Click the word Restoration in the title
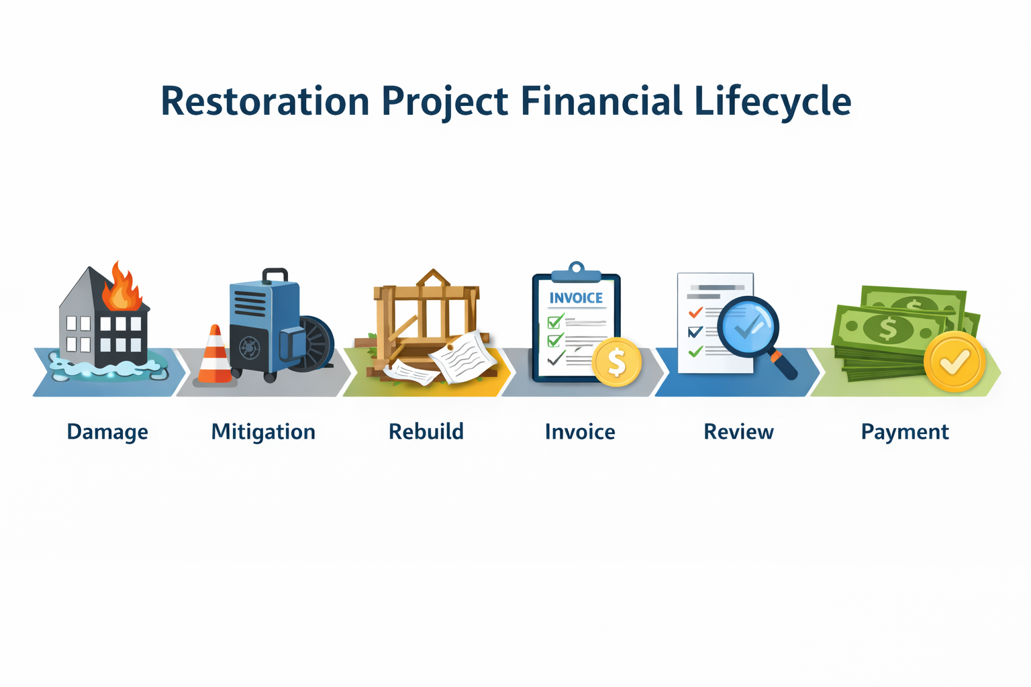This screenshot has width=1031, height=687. coord(265,101)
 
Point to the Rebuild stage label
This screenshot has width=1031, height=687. coord(426,431)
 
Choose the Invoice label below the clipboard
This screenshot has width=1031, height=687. coord(580,432)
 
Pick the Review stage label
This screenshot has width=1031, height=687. coord(739,432)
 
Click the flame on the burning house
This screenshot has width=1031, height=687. coord(121,288)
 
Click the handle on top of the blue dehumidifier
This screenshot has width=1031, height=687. coord(275,275)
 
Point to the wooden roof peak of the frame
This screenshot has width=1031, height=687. coord(433,278)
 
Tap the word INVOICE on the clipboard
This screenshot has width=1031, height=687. coord(576,298)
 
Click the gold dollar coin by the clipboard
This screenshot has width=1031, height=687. coord(616,362)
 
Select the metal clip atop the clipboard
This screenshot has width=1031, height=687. coord(577,272)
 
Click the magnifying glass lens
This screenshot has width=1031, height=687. coord(748,326)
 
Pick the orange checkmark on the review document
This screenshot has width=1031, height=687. coord(695,313)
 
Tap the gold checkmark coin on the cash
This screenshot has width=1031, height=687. coord(954,362)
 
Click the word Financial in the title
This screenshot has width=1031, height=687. coord(601,101)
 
